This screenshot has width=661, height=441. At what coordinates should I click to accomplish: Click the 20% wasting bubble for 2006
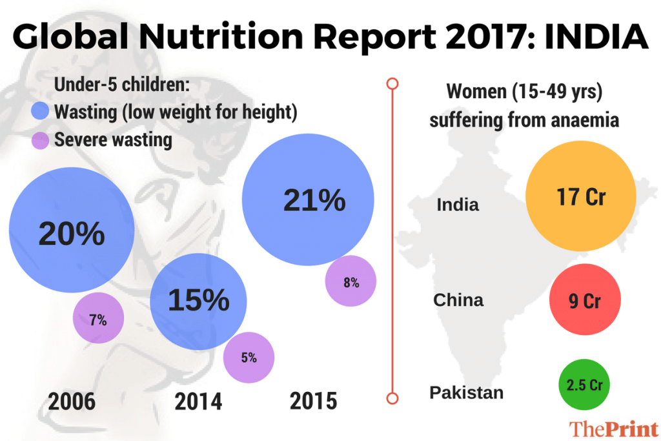[71, 232]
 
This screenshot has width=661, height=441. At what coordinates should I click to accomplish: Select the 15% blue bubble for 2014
[198, 301]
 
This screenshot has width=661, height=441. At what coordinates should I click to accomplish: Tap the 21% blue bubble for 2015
[308, 201]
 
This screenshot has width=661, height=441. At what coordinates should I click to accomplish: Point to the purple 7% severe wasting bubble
[98, 319]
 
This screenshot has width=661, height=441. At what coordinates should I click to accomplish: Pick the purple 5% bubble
[249, 357]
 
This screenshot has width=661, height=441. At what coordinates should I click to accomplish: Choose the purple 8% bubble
[351, 282]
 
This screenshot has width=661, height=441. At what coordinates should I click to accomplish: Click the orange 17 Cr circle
[581, 197]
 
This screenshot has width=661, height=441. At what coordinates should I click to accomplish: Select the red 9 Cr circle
[584, 300]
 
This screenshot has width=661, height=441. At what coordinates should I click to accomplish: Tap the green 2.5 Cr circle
[584, 385]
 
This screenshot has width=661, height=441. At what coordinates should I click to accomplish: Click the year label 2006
[72, 402]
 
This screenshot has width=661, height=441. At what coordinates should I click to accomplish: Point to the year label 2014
[198, 402]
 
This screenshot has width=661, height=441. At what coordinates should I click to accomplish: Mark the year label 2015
[314, 402]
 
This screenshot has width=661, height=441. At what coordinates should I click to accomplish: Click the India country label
[458, 205]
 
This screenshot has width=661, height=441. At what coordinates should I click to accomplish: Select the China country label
[458, 300]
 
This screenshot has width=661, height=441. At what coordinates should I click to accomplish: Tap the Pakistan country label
[467, 393]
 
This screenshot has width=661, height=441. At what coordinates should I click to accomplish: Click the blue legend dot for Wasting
[41, 112]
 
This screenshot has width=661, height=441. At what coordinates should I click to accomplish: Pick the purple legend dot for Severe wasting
[41, 139]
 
